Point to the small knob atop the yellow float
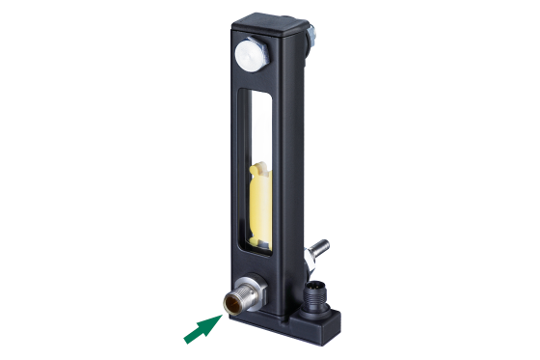click(x=257, y=171)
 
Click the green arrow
click(x=205, y=320)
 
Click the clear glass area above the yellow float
click(x=257, y=125)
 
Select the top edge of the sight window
click(x=258, y=92)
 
